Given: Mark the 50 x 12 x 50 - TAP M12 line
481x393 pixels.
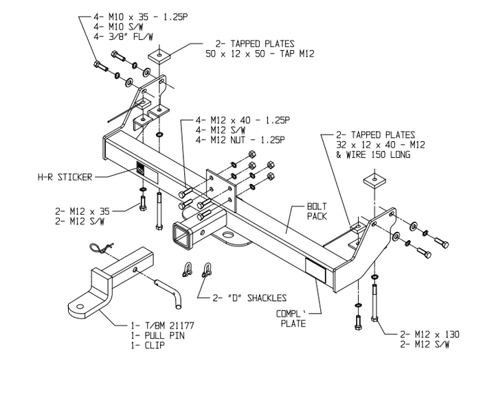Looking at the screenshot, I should coord(260,52).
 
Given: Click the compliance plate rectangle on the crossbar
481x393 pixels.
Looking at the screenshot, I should coord(316,270).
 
